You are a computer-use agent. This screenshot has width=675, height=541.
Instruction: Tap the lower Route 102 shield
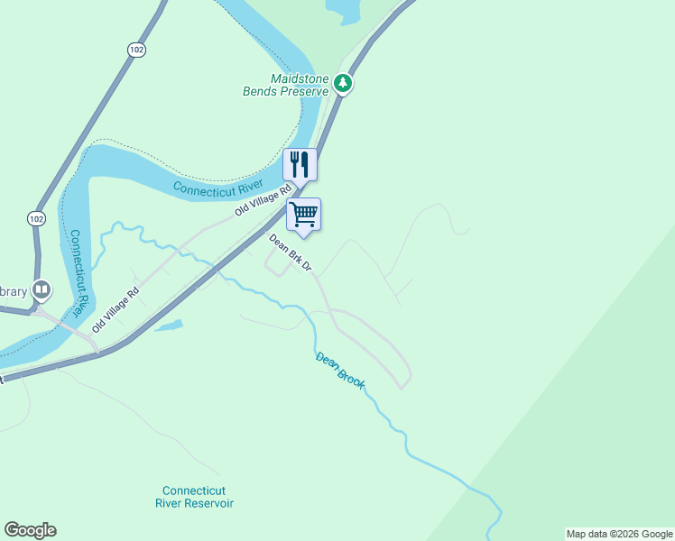(36, 219)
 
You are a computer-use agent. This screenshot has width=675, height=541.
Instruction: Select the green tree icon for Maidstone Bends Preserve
(343, 84)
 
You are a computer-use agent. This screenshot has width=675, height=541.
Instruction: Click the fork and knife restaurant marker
(301, 164)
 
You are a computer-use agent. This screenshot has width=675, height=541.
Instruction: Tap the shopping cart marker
(304, 215)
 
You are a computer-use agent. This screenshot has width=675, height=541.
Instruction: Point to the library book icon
(42, 290)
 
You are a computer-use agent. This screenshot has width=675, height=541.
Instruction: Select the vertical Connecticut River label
(79, 271)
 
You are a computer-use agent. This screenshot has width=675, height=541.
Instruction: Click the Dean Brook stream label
(340, 370)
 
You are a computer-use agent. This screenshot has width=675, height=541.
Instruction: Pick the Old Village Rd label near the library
(116, 310)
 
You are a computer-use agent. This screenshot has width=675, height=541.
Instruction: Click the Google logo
(30, 530)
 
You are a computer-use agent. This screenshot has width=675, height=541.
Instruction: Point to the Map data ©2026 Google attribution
(619, 534)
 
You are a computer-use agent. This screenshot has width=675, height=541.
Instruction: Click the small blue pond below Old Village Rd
(170, 326)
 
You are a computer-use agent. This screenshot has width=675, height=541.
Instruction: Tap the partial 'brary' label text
(13, 290)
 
